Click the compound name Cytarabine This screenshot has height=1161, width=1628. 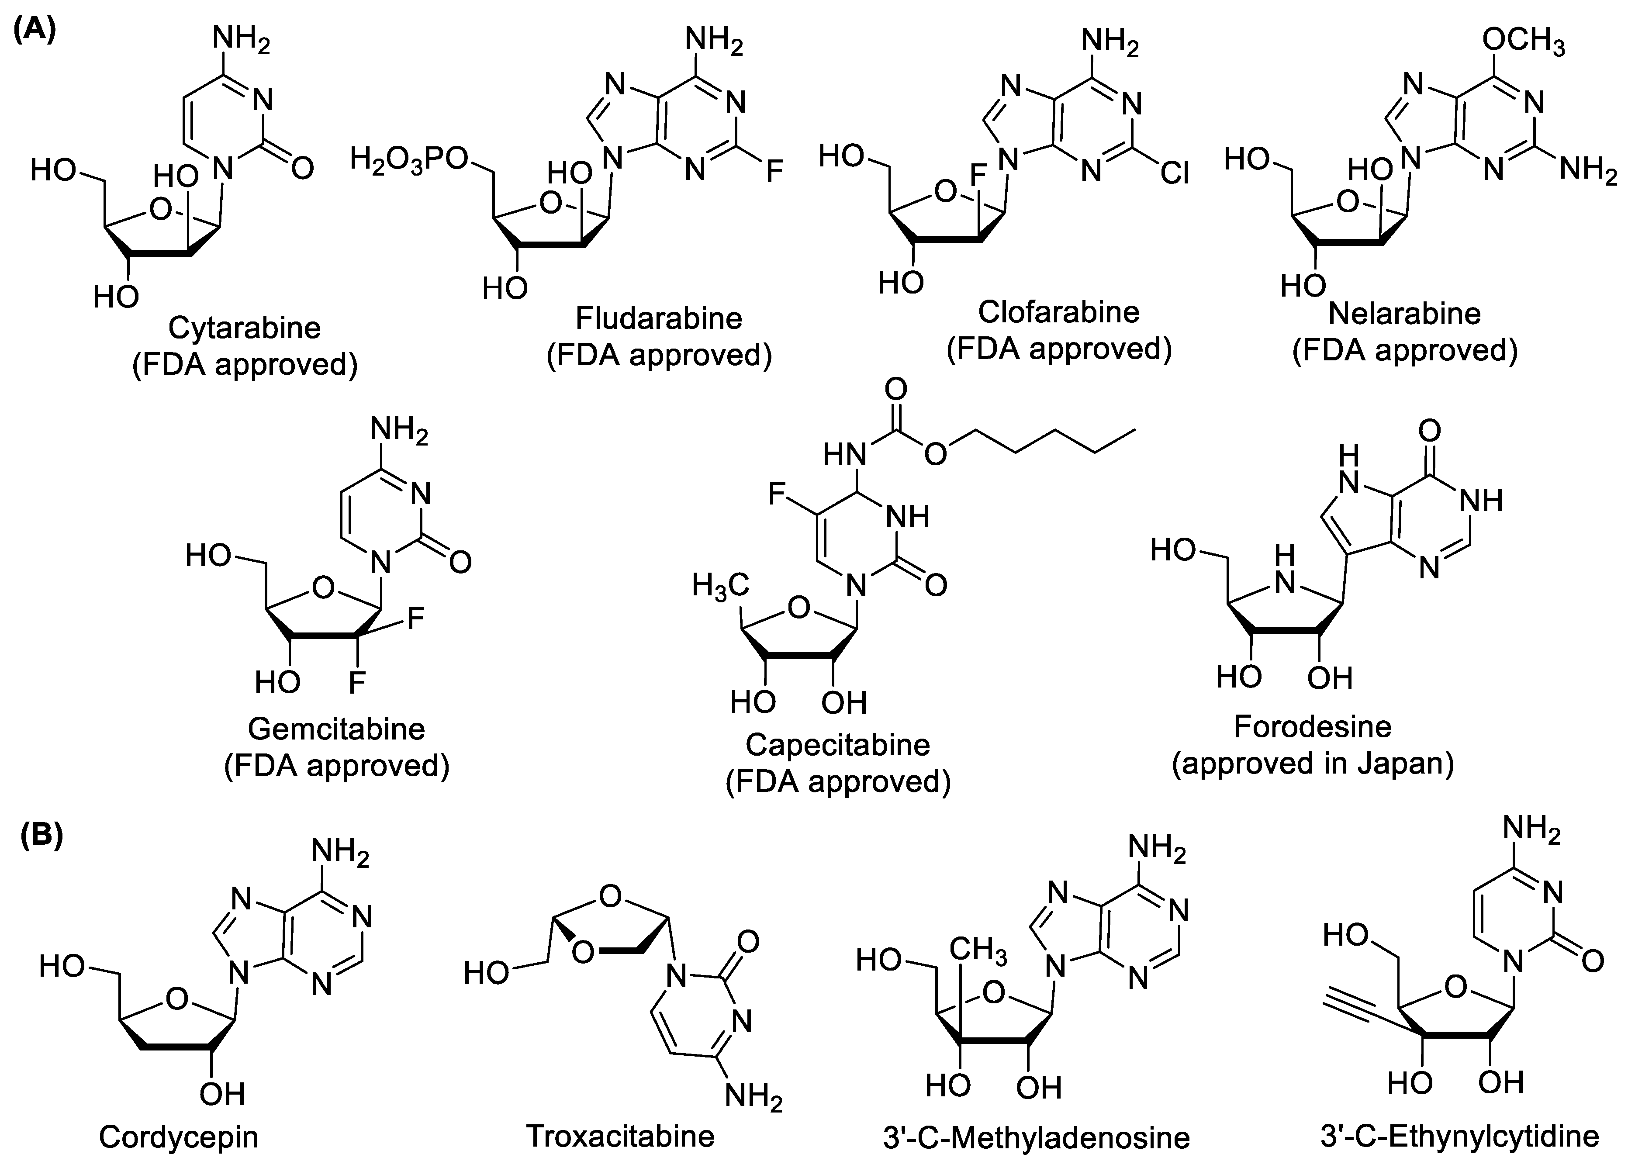pos(245,328)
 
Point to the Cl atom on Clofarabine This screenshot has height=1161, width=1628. pos(1174,172)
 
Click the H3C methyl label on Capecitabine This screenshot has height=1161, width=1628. pos(719,586)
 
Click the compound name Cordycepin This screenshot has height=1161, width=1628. pos(179,1136)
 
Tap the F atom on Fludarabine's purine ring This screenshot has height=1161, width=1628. pos(774,172)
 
